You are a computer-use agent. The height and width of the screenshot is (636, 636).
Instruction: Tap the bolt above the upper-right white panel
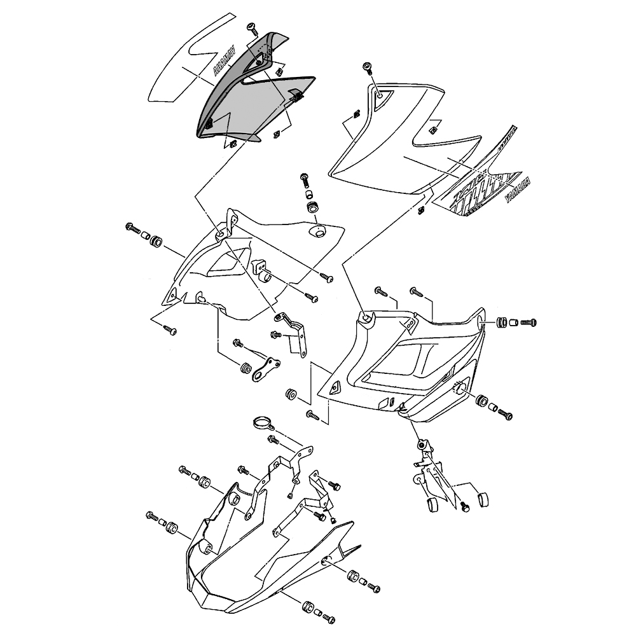point(368,67)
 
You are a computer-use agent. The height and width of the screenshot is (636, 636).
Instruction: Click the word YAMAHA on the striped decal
point(514,189)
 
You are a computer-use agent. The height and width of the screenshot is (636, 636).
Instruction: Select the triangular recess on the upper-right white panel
point(382,94)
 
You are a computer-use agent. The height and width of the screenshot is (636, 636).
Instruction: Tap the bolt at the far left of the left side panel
point(134,226)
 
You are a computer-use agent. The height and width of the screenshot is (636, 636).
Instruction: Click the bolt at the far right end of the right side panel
point(529,322)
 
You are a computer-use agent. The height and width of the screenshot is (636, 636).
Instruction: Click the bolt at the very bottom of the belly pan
point(328,618)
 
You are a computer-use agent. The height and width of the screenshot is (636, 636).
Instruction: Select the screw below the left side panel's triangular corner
point(170,330)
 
